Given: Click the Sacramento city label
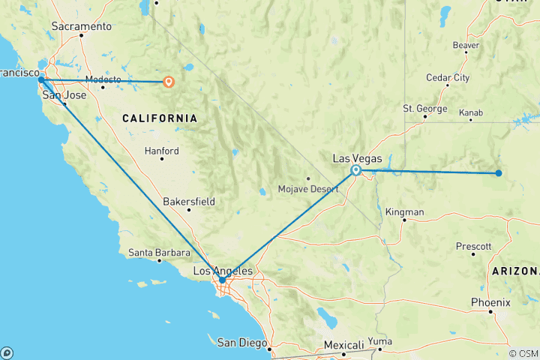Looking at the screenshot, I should pyautogui.click(x=82, y=26).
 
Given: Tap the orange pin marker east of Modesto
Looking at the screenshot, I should pyautogui.click(x=169, y=82).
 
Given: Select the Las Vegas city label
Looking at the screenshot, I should pyautogui.click(x=357, y=158).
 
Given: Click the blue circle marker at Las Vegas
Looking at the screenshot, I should pyautogui.click(x=356, y=170).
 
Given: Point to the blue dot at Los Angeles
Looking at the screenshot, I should pyautogui.click(x=222, y=280).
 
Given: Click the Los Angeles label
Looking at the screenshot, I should pyautogui.click(x=222, y=271).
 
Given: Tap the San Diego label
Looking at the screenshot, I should pyautogui.click(x=242, y=343).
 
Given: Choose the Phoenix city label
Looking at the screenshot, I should pyautogui.click(x=491, y=302).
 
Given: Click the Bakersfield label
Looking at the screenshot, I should pyautogui.click(x=189, y=202).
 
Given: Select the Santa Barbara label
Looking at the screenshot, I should pyautogui.click(x=157, y=252).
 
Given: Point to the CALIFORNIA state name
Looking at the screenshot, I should pyautogui.click(x=160, y=118).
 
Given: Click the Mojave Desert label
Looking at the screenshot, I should pyautogui.click(x=308, y=188).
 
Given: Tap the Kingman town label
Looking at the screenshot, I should pyautogui.click(x=404, y=212).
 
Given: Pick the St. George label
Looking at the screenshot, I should pyautogui.click(x=425, y=109).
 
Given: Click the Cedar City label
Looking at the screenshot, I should pyautogui.click(x=448, y=77).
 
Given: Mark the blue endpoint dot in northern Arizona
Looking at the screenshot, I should pyautogui.click(x=498, y=173).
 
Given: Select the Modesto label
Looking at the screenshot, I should pyautogui.click(x=103, y=79).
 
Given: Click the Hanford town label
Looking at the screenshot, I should pyautogui.click(x=162, y=151).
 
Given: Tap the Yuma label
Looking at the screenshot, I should pyautogui.click(x=380, y=341).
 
